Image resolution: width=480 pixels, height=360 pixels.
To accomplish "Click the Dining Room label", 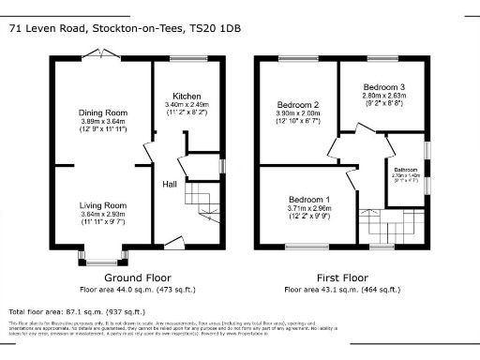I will point(102,112).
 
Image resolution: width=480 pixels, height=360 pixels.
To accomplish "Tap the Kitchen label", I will point(186,95).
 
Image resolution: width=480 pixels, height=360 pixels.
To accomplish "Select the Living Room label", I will point(102,205).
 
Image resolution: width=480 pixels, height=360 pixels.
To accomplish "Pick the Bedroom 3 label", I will point(383,87).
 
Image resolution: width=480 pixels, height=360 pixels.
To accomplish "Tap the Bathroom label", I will point(406,170).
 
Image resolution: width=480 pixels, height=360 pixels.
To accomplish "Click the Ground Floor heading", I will point(137,278).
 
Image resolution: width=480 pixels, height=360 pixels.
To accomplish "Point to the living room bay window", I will point(102,253).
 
